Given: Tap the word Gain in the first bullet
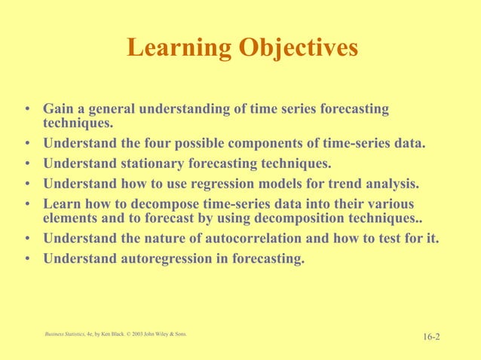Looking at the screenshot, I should tap(58, 110).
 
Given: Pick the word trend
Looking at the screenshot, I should tap(339, 183).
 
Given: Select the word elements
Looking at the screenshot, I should tap(70, 218).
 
